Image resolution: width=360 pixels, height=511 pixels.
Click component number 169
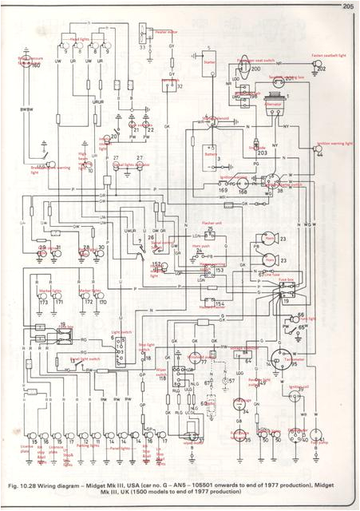221,192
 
